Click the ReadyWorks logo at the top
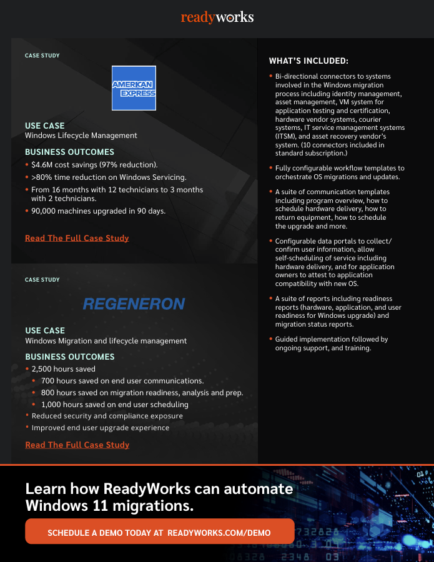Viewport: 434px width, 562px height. (x=217, y=17)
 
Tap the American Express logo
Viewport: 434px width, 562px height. (x=134, y=88)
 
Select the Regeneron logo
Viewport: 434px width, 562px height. (x=134, y=304)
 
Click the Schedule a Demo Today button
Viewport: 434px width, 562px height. (x=159, y=533)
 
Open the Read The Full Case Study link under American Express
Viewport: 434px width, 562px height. (x=77, y=238)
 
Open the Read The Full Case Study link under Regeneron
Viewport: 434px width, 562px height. (x=77, y=445)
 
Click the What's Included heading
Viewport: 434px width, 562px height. (x=308, y=61)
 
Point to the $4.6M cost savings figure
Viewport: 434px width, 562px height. (x=44, y=165)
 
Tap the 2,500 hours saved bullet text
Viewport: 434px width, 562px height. (x=63, y=369)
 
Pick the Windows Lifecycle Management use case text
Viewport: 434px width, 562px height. (x=81, y=136)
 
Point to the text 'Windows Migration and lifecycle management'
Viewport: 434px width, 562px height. (x=106, y=341)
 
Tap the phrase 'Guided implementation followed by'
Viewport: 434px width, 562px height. (x=332, y=339)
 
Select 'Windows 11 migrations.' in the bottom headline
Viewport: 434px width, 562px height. (x=109, y=505)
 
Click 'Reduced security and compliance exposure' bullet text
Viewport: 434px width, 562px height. (x=107, y=416)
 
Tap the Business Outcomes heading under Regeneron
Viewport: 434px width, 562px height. (x=70, y=357)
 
